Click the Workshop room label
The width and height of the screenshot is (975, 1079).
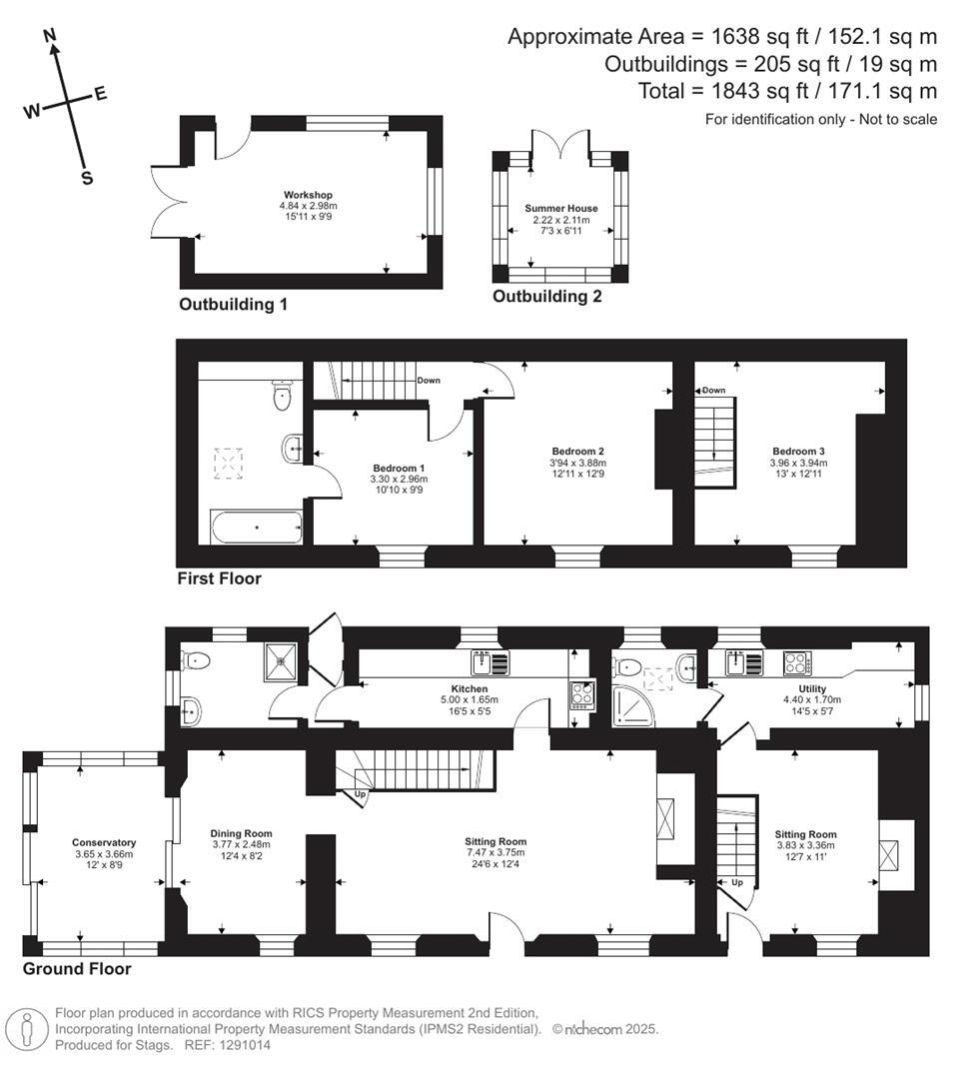tap(308, 195)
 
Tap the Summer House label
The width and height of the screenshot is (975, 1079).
tap(560, 208)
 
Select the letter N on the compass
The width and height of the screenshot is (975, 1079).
tap(50, 36)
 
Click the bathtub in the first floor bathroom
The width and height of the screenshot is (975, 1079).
tap(256, 528)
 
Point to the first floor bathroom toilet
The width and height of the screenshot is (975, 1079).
tap(282, 394)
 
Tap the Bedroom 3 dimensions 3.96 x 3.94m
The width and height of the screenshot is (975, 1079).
tap(798, 464)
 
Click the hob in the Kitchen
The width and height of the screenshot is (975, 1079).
tap(581, 694)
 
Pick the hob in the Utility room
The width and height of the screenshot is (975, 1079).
tap(797, 663)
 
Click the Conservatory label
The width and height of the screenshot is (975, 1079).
tap(104, 842)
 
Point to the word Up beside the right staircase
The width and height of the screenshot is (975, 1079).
tap(737, 882)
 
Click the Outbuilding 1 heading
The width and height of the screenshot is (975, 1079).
tap(233, 304)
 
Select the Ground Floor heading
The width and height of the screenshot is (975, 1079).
tap(77, 969)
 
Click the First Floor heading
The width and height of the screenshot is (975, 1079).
tap(220, 578)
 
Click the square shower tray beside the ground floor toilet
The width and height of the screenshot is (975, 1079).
tap(282, 662)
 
